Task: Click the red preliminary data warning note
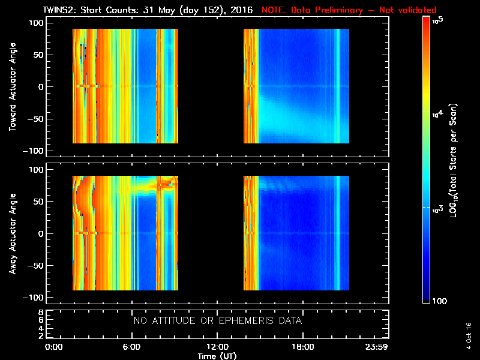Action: [349, 10]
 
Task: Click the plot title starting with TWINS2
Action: [150, 10]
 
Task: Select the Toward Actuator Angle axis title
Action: [11, 86]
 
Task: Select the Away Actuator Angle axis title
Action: [11, 233]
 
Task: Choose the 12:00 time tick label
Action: [217, 347]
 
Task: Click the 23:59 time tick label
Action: [378, 347]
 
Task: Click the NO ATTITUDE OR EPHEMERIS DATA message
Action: [218, 321]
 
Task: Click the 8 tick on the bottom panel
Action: [40, 313]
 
